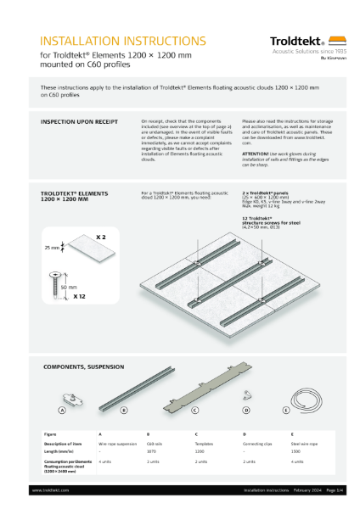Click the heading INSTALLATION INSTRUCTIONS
(123, 40)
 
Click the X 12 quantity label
(79, 297)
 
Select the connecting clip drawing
(250, 394)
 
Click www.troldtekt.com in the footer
(50, 489)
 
